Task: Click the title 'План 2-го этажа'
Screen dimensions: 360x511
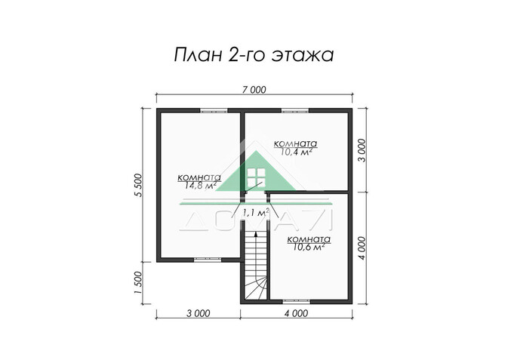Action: click(x=254, y=55)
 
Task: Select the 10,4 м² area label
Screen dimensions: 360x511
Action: click(x=296, y=151)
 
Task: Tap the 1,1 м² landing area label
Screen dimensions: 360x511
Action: click(x=257, y=212)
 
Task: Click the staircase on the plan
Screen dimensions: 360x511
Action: click(x=255, y=268)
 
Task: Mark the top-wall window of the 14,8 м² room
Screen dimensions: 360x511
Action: click(x=215, y=111)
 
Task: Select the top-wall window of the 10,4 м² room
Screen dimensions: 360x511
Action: click(x=295, y=111)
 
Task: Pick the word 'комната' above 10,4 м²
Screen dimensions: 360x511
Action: click(x=296, y=143)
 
